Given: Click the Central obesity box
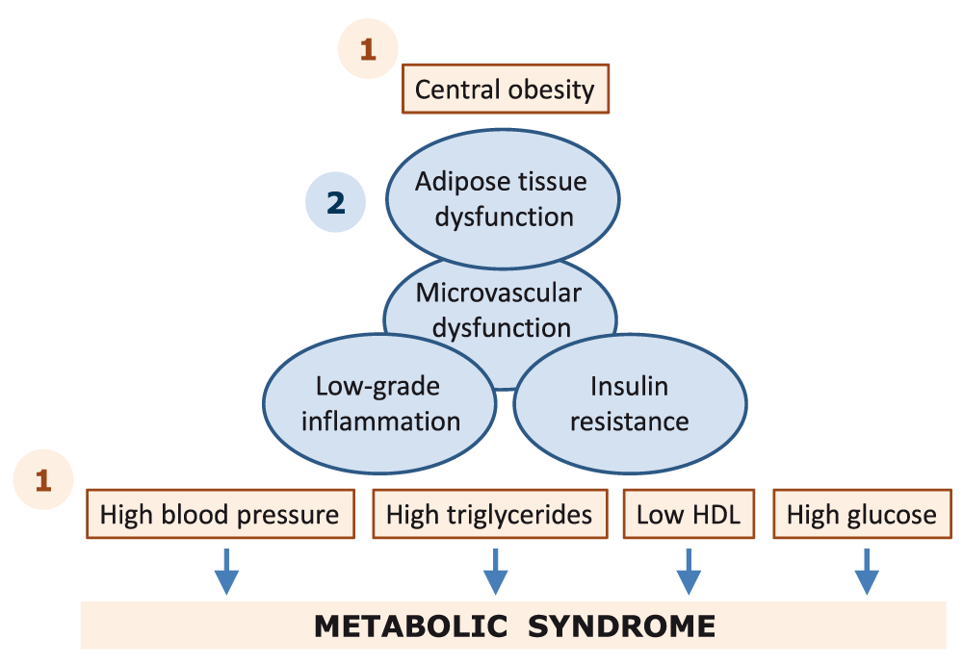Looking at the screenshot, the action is pyautogui.click(x=506, y=89).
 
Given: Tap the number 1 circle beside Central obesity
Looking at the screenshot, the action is pyautogui.click(x=368, y=48).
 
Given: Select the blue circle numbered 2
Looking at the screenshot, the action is pyautogui.click(x=335, y=202).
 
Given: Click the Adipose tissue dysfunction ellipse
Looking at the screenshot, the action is pyautogui.click(x=503, y=199).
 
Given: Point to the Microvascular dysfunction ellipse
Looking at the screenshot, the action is pyautogui.click(x=499, y=307).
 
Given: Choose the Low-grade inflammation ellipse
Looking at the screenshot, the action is pyautogui.click(x=379, y=404).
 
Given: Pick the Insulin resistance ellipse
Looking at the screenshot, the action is pyautogui.click(x=630, y=404).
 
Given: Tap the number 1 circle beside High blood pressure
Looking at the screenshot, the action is pyautogui.click(x=43, y=479).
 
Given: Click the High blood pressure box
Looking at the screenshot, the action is pyautogui.click(x=221, y=514).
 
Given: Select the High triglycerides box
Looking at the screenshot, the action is pyautogui.click(x=490, y=514).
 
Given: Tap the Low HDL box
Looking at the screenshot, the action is pyautogui.click(x=689, y=514).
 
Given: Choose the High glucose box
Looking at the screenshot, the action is pyautogui.click(x=862, y=514).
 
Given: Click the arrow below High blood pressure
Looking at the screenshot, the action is pyautogui.click(x=226, y=572).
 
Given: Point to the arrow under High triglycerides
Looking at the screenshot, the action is pyautogui.click(x=495, y=572).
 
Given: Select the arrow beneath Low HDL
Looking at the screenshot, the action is pyautogui.click(x=689, y=572).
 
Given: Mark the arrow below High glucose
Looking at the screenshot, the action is pyautogui.click(x=867, y=572).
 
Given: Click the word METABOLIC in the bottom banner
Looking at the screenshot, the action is pyautogui.click(x=411, y=626).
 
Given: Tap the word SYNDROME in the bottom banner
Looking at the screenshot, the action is pyautogui.click(x=621, y=626).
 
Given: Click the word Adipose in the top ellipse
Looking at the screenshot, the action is pyautogui.click(x=454, y=182).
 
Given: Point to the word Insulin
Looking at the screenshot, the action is pyautogui.click(x=629, y=387).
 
